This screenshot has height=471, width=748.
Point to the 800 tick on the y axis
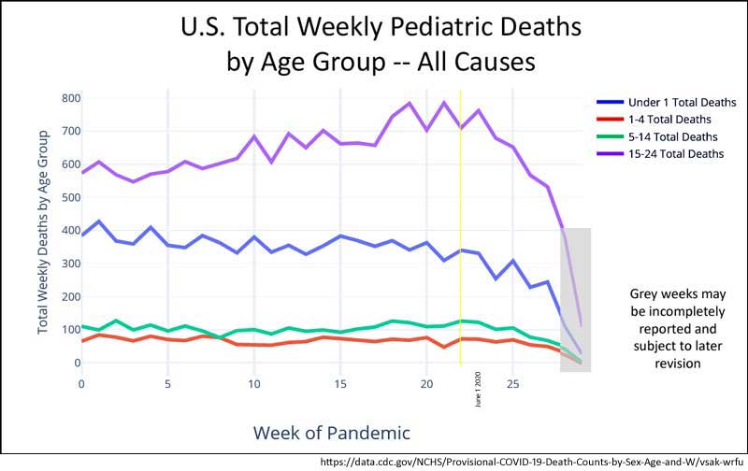pyautogui.click(x=71, y=98)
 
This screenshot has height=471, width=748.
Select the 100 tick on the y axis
pyautogui.click(x=71, y=330)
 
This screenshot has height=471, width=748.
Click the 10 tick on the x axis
pyautogui.click(x=254, y=384)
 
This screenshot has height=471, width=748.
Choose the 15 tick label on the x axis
pyautogui.click(x=340, y=384)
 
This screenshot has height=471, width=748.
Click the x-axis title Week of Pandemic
pyautogui.click(x=331, y=432)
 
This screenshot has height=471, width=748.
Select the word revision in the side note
pyautogui.click(x=673, y=364)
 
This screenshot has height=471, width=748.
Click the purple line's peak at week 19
pyautogui.click(x=409, y=103)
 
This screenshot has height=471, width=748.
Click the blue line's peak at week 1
pyautogui.click(x=99, y=221)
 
